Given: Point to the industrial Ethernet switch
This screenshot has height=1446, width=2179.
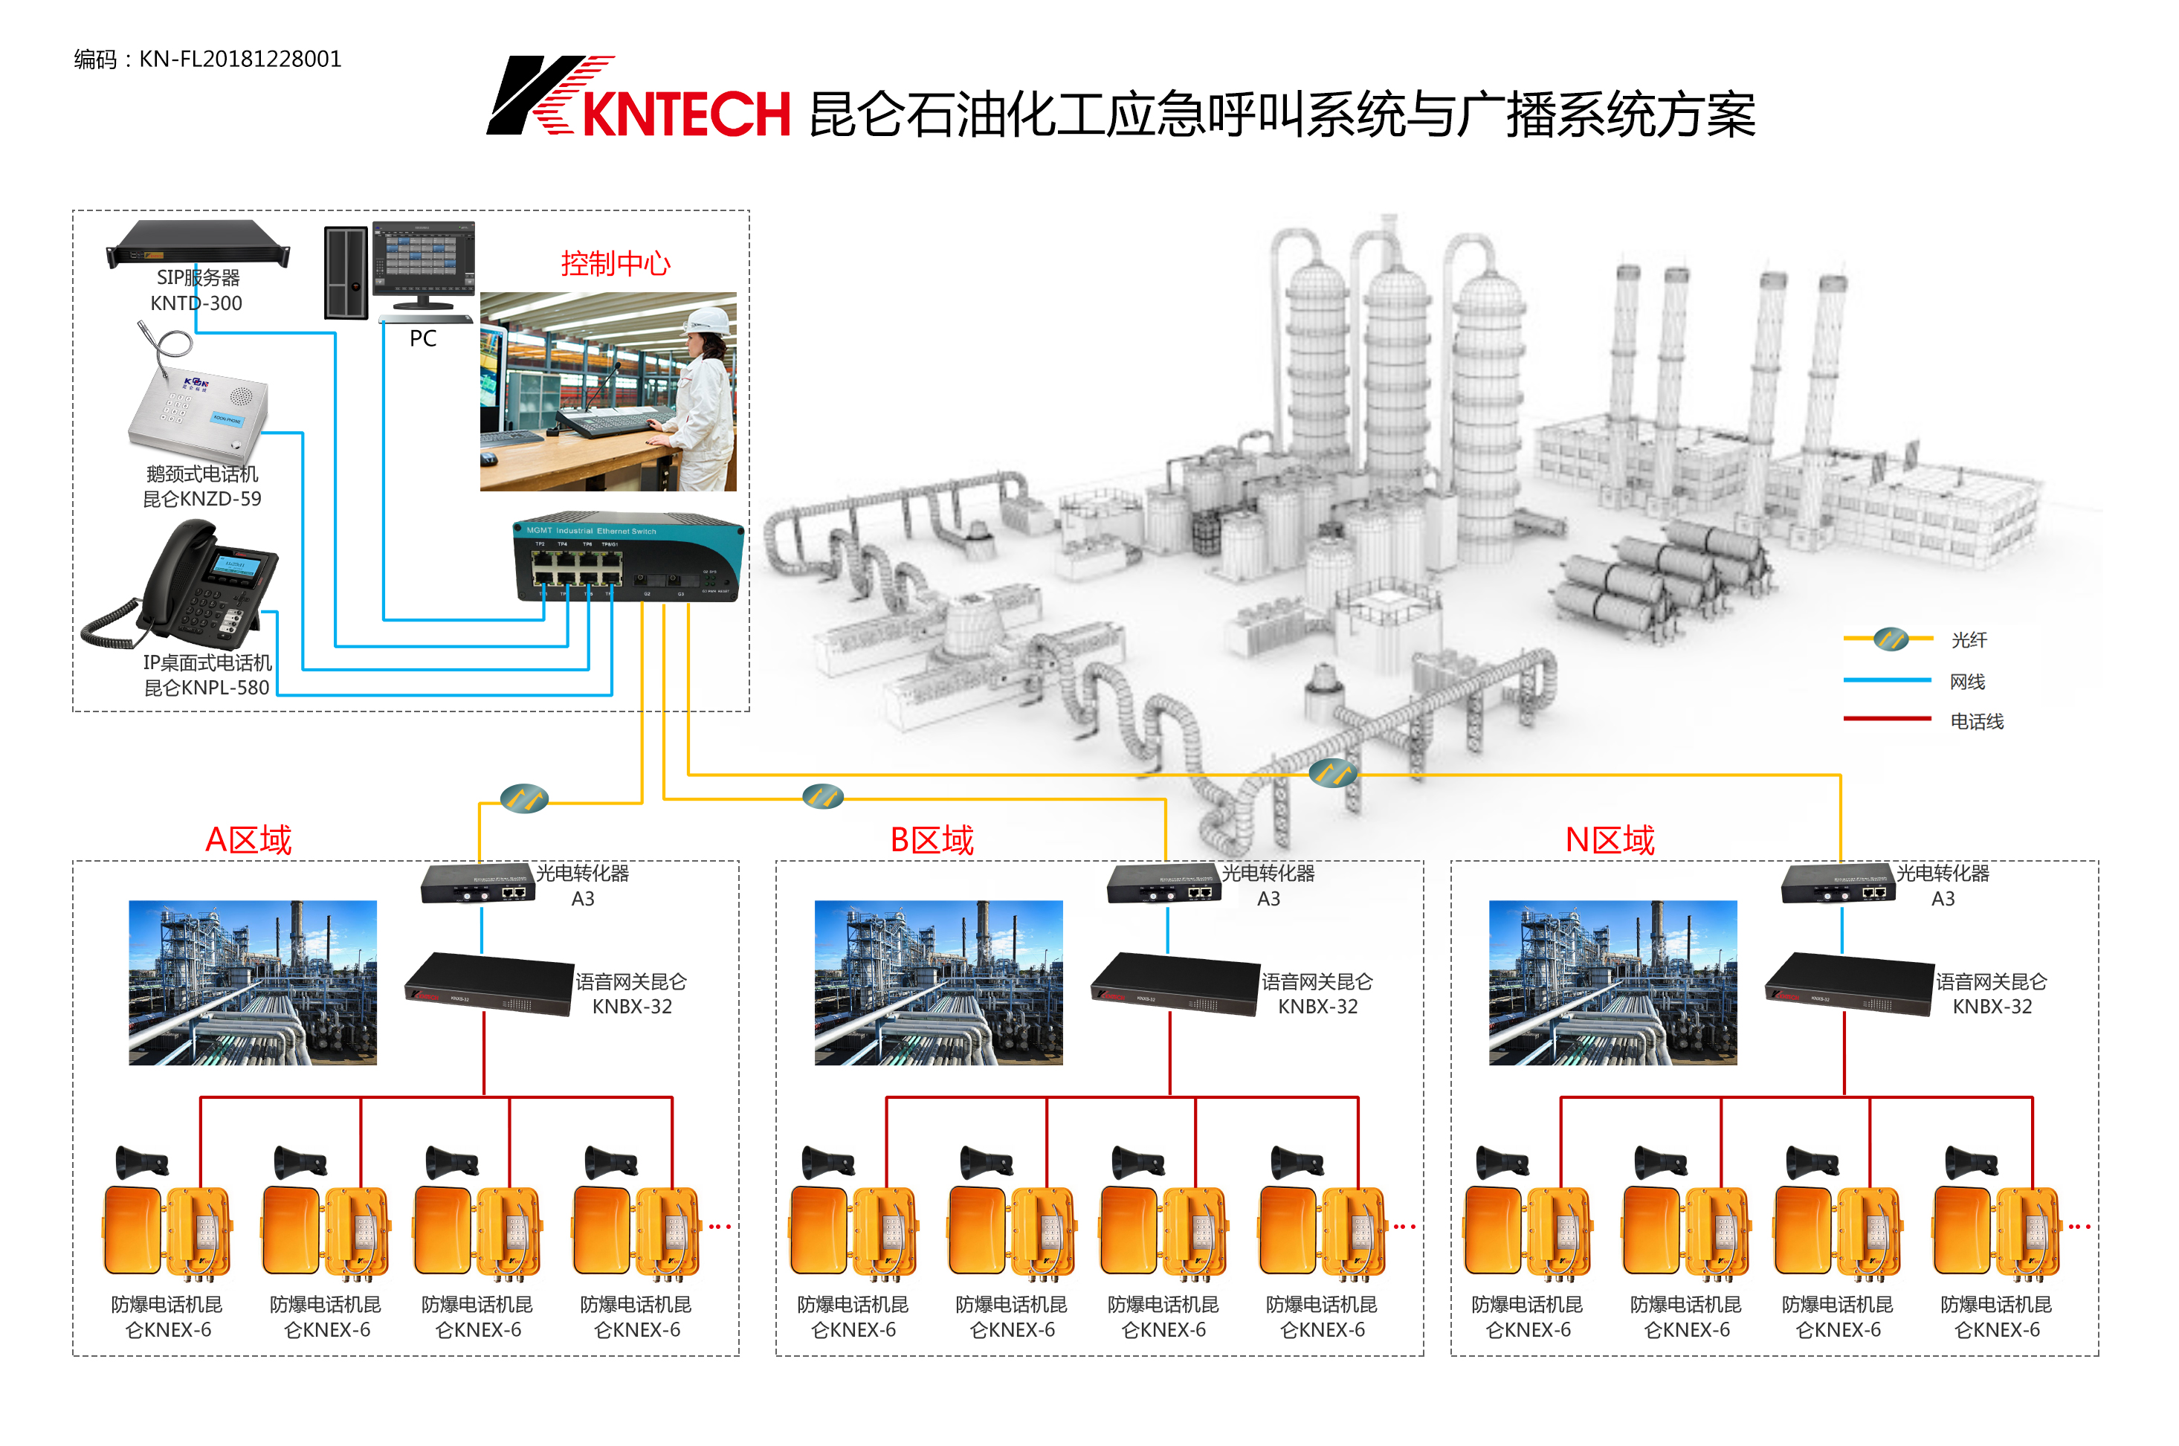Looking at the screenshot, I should click(627, 558).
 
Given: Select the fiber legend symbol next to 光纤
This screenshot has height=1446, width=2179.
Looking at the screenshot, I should click(1891, 638).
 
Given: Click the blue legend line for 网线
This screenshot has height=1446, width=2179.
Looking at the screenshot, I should click(1886, 680).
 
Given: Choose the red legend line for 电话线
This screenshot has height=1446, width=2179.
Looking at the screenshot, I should click(1886, 718).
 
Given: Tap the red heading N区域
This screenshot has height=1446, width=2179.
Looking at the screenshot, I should click(1609, 840).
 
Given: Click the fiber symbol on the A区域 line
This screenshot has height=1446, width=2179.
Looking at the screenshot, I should click(524, 798).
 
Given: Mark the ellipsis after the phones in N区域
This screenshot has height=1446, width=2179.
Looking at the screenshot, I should click(2079, 1227).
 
